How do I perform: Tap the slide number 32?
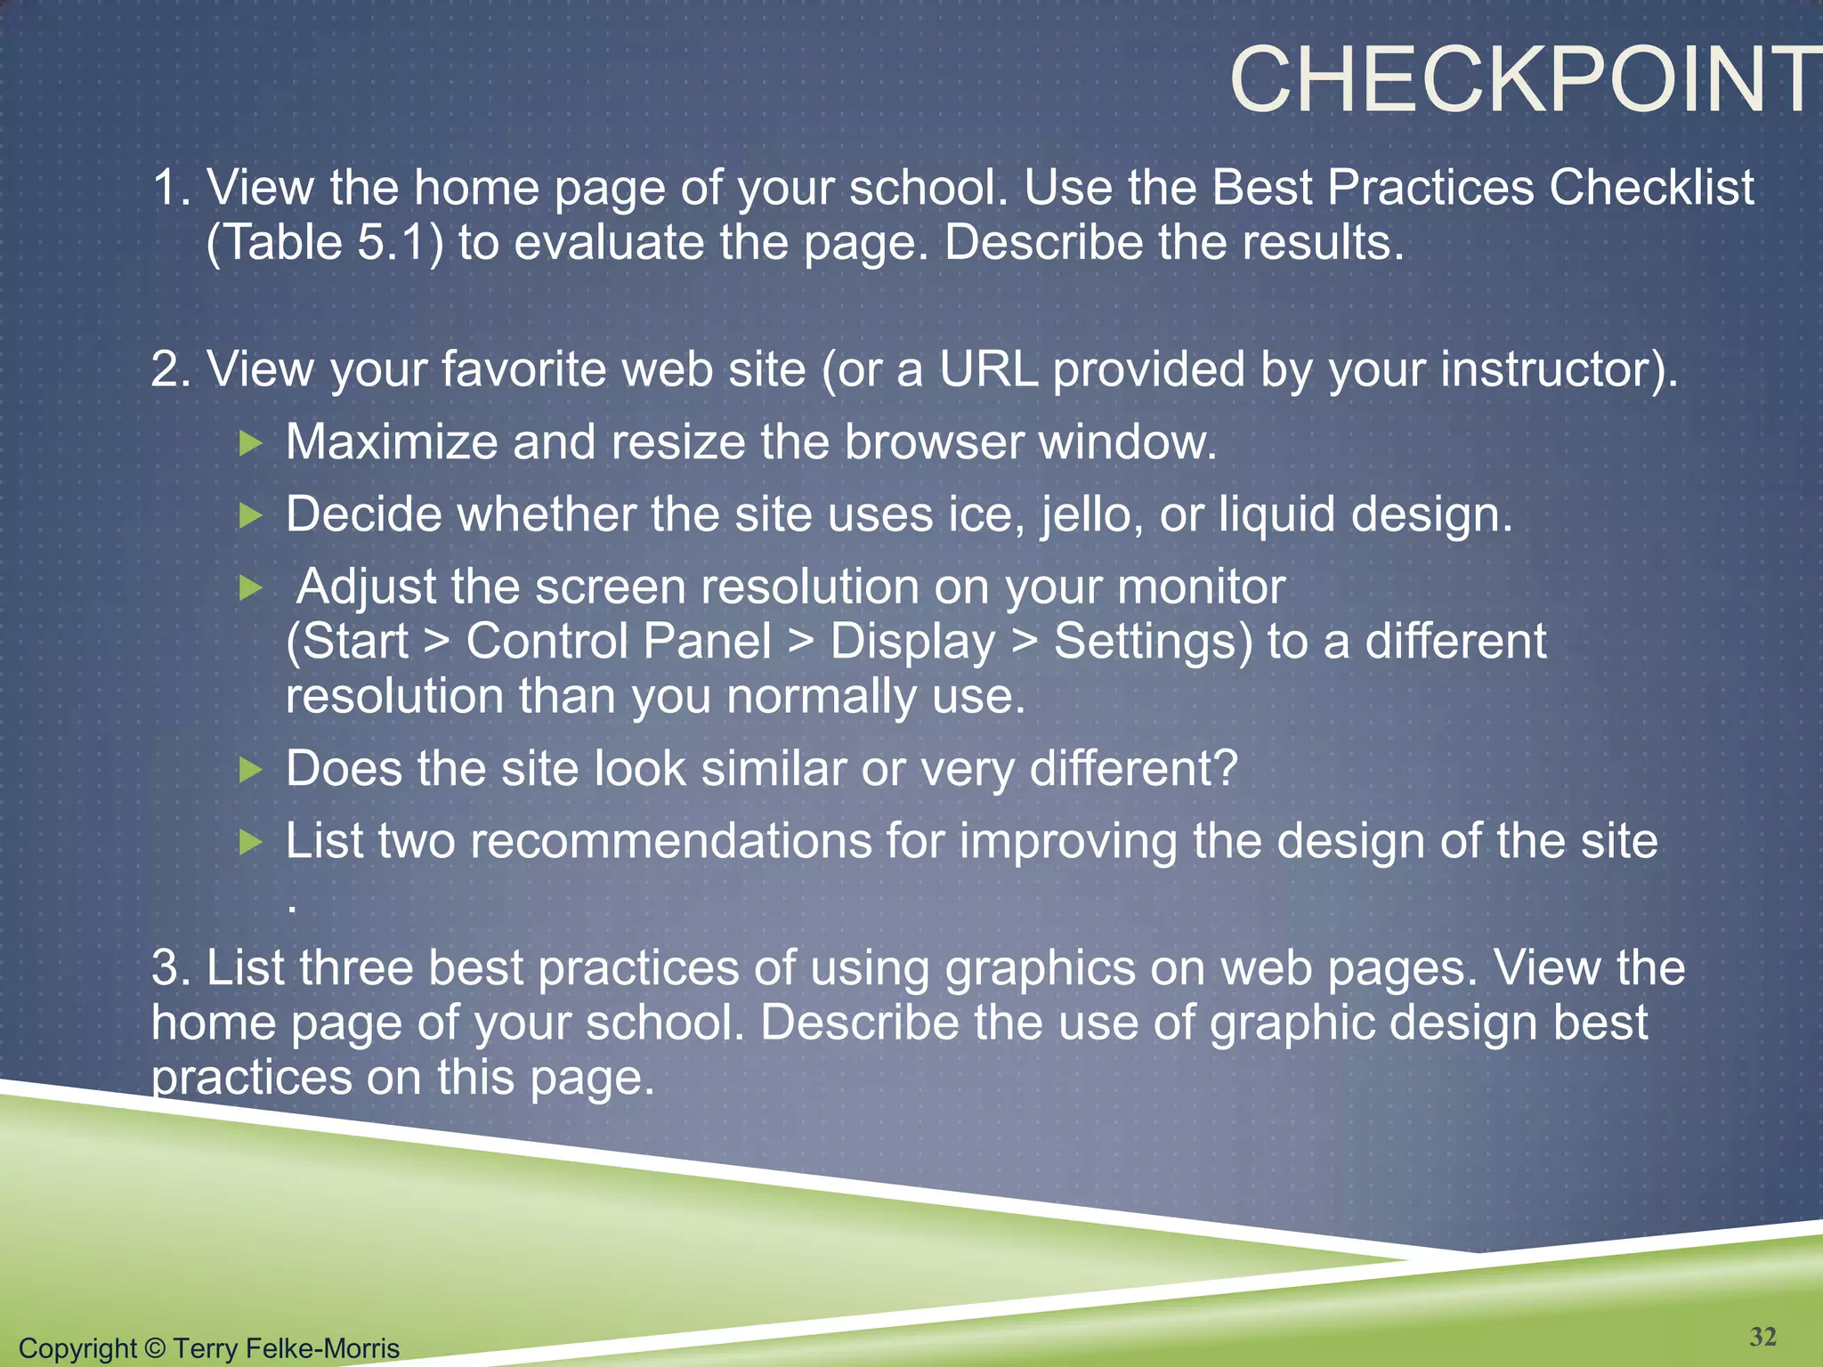pos(1762,1337)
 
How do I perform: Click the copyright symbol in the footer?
pos(155,1348)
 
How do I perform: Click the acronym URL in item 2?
pos(988,369)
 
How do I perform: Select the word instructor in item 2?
pos(1552,369)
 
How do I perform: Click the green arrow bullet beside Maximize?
pos(252,442)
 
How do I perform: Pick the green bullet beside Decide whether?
pos(252,515)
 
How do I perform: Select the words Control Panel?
pos(619,642)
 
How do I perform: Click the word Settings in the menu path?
pos(1153,642)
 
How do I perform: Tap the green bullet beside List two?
pos(252,841)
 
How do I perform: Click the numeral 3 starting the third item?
pos(166,967)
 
